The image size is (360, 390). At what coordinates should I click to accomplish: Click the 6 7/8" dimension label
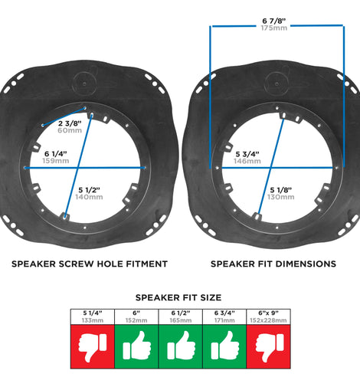pyautogui.click(x=274, y=21)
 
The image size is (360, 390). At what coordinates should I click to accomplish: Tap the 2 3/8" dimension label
pyautogui.click(x=70, y=123)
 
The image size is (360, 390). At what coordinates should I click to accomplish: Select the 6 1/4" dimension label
pyautogui.click(x=56, y=154)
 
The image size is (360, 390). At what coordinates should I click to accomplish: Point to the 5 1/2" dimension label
pyautogui.click(x=89, y=190)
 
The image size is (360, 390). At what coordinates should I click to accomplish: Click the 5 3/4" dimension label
pyautogui.click(x=247, y=154)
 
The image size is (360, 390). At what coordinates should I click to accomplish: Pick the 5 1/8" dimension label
pyautogui.click(x=281, y=190)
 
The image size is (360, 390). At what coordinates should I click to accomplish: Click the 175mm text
pyautogui.click(x=274, y=28)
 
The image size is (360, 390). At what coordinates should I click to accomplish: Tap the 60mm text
pyautogui.click(x=70, y=130)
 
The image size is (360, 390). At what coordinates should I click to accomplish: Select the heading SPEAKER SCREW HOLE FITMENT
pyautogui.click(x=90, y=264)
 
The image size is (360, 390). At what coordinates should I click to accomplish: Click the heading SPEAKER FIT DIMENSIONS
pyautogui.click(x=273, y=264)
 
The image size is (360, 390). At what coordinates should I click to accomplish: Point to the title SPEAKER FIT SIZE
pyautogui.click(x=178, y=297)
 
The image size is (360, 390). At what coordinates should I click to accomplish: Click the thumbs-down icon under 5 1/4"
pyautogui.click(x=93, y=347)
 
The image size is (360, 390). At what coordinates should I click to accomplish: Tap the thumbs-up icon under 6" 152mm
pyautogui.click(x=137, y=346)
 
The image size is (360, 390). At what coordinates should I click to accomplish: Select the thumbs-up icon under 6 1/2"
pyautogui.click(x=181, y=346)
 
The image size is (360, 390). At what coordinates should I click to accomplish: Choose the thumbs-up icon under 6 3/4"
pyautogui.click(x=225, y=346)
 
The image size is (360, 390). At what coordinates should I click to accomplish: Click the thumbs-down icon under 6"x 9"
pyautogui.click(x=270, y=347)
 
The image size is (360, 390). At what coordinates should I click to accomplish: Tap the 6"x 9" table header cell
pyautogui.click(x=268, y=317)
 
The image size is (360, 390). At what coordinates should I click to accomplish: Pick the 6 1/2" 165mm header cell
pyautogui.click(x=181, y=317)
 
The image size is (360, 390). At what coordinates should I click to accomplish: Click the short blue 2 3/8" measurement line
pyautogui.click(x=64, y=117)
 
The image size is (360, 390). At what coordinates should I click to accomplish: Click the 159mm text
pyautogui.click(x=56, y=161)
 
